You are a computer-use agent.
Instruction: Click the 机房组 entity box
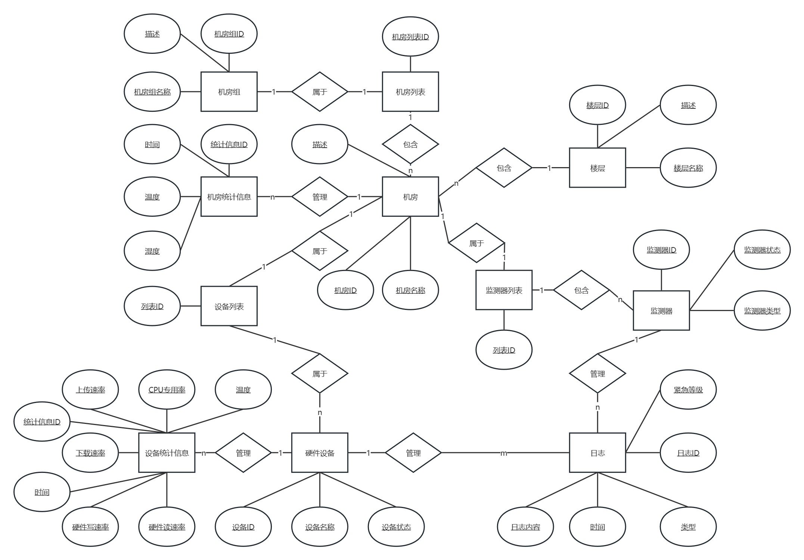point(229,92)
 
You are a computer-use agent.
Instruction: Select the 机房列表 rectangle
point(410,92)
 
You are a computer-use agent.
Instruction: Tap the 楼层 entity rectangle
point(597,168)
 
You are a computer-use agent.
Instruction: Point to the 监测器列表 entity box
point(504,290)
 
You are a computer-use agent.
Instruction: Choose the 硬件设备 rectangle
point(320,453)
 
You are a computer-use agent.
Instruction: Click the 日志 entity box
point(597,453)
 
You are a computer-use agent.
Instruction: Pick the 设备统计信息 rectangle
point(167,453)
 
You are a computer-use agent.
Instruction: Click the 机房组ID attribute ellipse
point(229,34)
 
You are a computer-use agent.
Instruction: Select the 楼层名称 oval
point(688,168)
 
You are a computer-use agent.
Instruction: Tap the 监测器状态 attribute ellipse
point(762,250)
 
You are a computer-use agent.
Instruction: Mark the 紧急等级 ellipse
point(688,390)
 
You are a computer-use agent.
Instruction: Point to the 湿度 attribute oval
point(152,251)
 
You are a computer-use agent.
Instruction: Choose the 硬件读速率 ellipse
point(167,527)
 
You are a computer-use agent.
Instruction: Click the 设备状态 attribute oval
point(396,527)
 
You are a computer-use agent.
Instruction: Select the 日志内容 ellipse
point(525,527)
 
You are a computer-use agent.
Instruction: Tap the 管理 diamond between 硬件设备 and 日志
point(413,453)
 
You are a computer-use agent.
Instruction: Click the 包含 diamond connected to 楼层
point(504,168)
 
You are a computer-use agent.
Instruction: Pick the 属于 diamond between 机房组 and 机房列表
point(320,92)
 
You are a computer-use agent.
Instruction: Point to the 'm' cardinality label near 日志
point(503,453)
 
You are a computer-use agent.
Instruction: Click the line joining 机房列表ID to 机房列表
point(410,64)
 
